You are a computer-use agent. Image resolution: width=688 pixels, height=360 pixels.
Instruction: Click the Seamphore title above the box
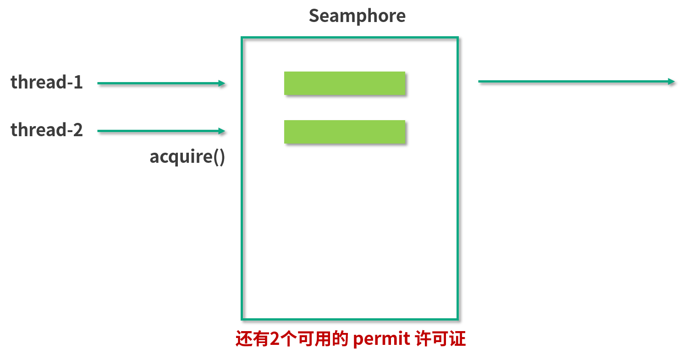tap(357, 16)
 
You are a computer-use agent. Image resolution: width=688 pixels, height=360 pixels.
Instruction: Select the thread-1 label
tap(46, 82)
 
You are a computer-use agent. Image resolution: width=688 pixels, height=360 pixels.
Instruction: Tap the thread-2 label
tap(46, 130)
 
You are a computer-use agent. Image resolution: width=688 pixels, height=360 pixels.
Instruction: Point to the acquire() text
tap(187, 157)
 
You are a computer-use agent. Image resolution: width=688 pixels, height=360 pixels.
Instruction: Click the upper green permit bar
tap(344, 83)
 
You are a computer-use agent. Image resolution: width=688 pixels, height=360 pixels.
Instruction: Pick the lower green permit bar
tap(344, 132)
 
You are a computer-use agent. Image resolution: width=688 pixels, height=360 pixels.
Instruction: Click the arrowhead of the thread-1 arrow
tap(222, 83)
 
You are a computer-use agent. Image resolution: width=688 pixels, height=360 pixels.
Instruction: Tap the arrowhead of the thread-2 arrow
tap(222, 131)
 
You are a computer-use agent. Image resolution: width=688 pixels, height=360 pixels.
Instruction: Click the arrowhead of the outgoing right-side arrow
tap(671, 82)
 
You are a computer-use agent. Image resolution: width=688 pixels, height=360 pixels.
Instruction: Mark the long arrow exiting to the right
tap(573, 82)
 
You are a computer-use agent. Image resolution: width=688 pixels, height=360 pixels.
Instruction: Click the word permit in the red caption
tap(381, 340)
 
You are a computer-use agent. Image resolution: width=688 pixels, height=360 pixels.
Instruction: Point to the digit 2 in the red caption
tap(275, 340)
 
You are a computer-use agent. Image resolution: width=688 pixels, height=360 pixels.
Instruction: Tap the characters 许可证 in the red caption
tap(440, 340)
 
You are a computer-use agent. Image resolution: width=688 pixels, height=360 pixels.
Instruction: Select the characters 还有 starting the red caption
tap(252, 340)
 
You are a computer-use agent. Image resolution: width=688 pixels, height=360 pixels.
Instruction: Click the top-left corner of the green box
tap(242, 38)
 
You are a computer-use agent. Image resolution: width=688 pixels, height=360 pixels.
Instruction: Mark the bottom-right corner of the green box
tap(457, 319)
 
